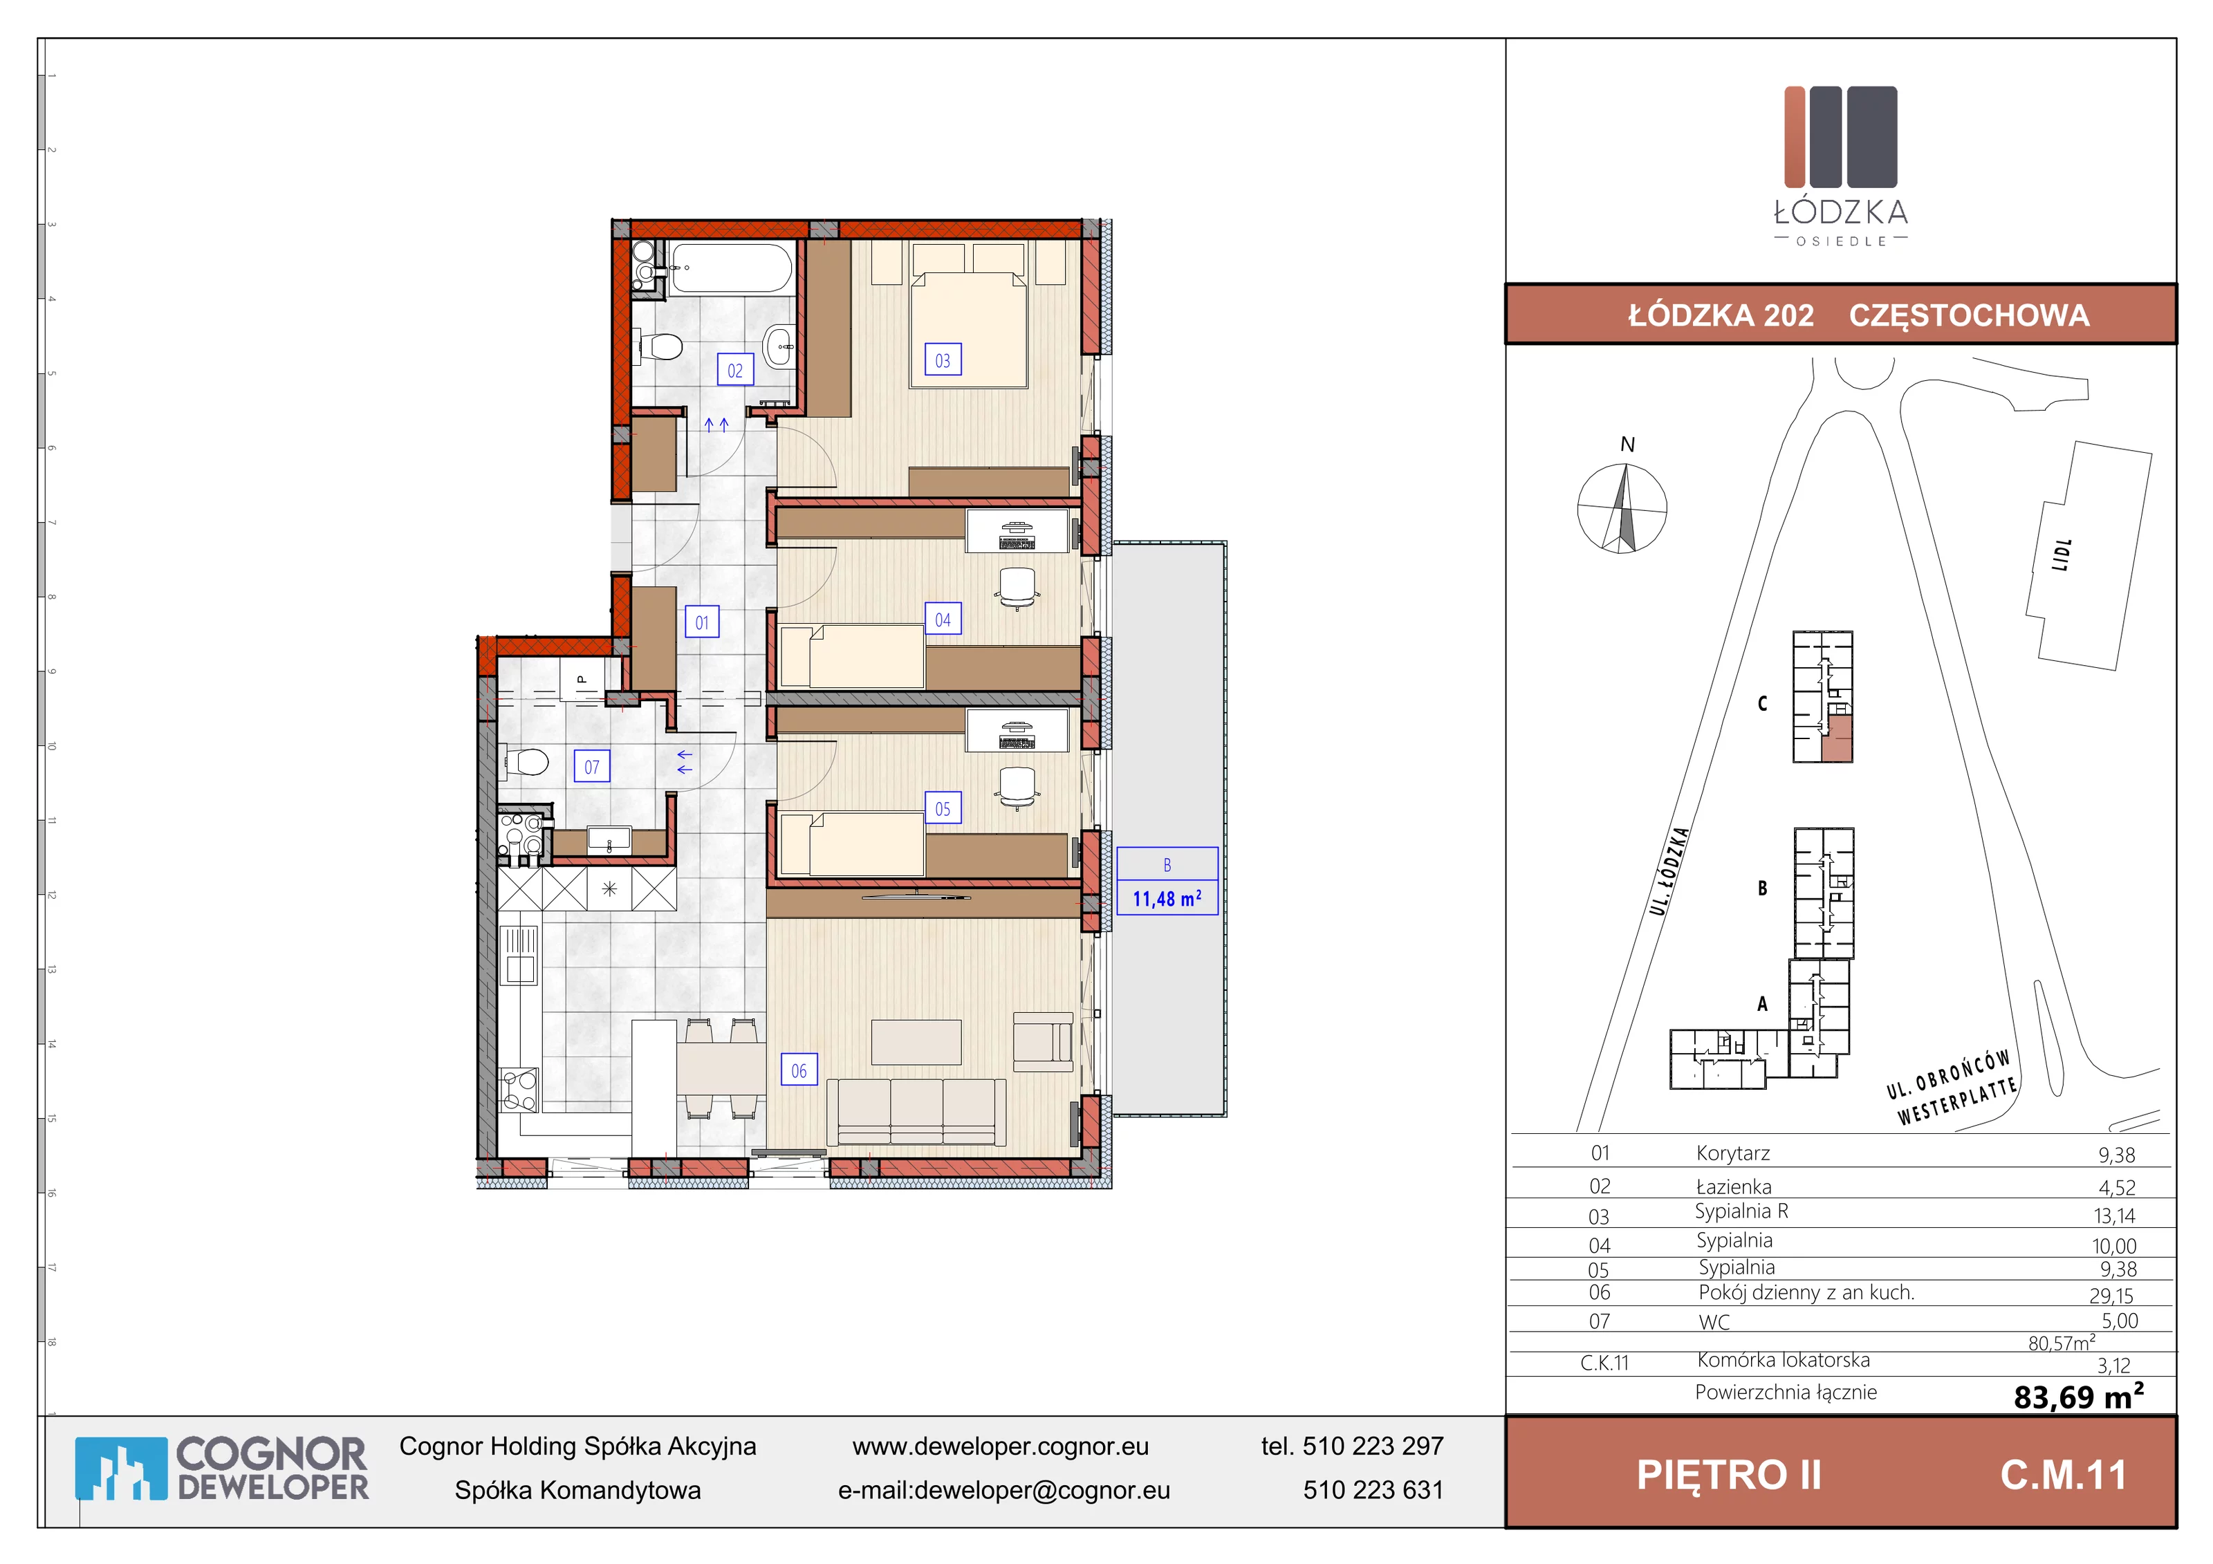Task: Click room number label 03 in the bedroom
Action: [x=943, y=360]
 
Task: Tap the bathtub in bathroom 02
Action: [x=732, y=266]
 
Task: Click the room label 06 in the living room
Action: [x=799, y=1070]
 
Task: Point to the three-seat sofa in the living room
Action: [x=916, y=1111]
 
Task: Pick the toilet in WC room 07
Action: [x=524, y=762]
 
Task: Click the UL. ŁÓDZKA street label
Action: [x=1669, y=871]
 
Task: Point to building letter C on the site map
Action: [x=1762, y=703]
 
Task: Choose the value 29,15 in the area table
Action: [x=2111, y=1295]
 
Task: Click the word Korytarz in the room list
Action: [x=1733, y=1153]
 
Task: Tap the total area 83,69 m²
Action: [x=2079, y=1395]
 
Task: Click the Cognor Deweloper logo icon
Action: [x=120, y=1469]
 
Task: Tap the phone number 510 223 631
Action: [x=1373, y=1490]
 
